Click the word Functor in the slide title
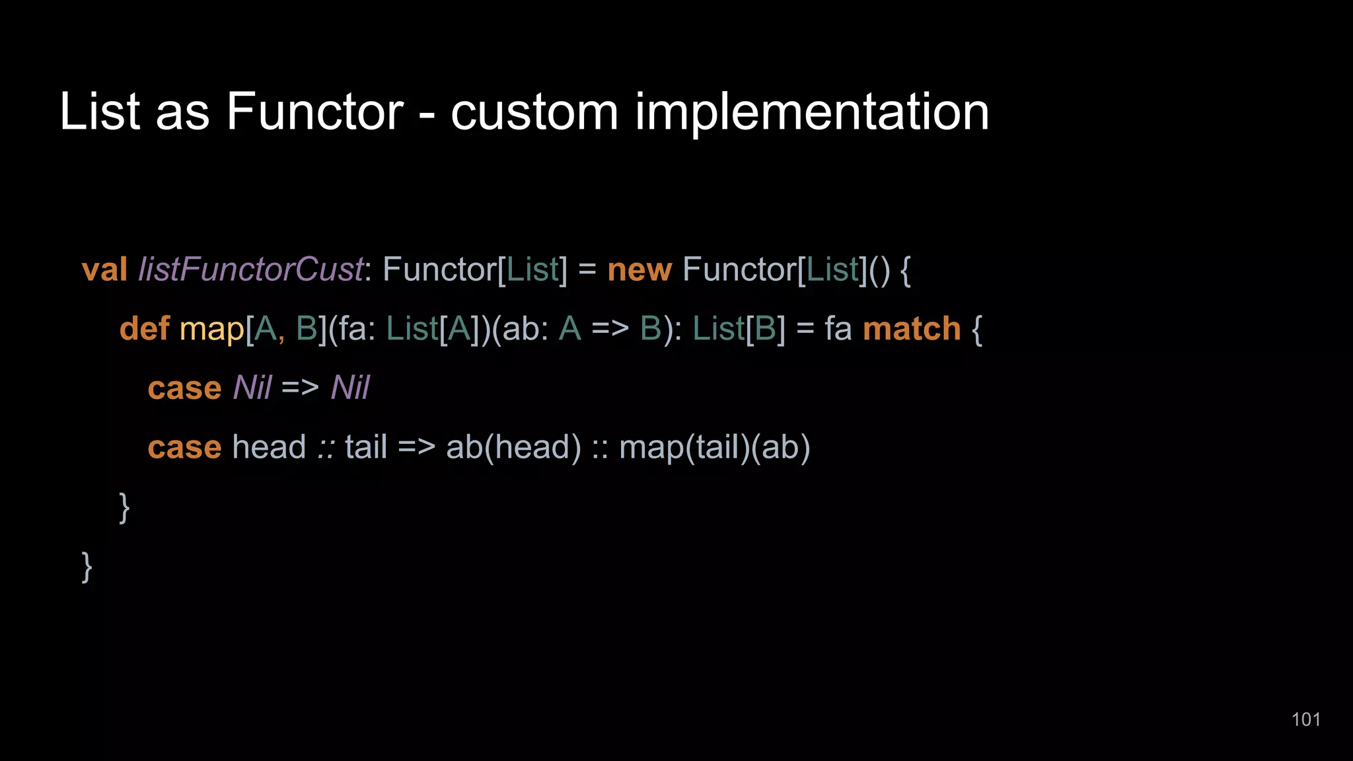click(x=314, y=112)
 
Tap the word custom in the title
click(x=534, y=112)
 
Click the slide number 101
click(x=1305, y=719)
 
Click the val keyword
click(x=104, y=270)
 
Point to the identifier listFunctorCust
click(x=250, y=270)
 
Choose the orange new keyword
click(x=639, y=270)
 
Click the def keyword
click(x=144, y=328)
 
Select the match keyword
click(x=911, y=328)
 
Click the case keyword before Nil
click(x=184, y=388)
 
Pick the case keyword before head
click(x=184, y=447)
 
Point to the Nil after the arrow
click(x=350, y=388)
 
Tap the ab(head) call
click(x=513, y=447)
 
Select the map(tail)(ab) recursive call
click(x=714, y=447)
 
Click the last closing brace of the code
click(x=87, y=567)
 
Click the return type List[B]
click(x=739, y=328)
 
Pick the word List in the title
click(x=100, y=112)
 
